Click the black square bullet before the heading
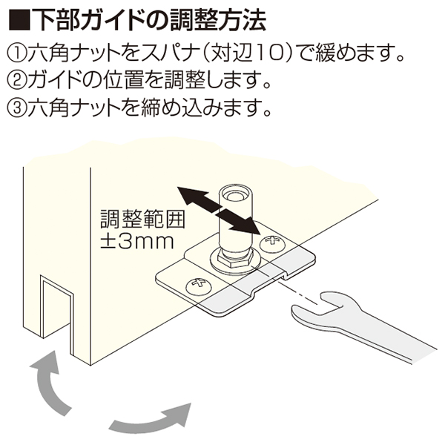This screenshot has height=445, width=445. point(19,20)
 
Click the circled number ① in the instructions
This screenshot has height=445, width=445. point(17,52)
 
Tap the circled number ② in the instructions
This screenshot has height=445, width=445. point(17,80)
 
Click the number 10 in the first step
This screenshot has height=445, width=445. point(267,52)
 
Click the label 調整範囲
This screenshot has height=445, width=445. point(142,219)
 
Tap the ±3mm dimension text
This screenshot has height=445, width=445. point(137,242)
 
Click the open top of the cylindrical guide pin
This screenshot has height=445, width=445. point(234,194)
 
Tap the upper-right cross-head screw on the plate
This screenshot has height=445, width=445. point(272,243)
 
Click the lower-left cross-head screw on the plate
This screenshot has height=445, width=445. point(199,287)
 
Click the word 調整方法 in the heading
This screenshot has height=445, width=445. point(218,20)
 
